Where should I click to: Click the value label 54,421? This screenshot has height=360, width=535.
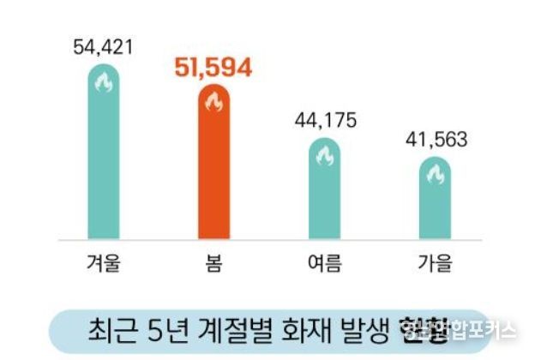pyautogui.click(x=104, y=45)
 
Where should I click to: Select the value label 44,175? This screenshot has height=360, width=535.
pyautogui.click(x=324, y=119)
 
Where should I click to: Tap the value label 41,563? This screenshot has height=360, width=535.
pyautogui.click(x=434, y=139)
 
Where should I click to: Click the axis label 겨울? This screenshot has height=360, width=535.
pyautogui.click(x=104, y=262)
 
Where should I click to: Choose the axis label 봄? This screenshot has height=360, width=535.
pyautogui.click(x=213, y=262)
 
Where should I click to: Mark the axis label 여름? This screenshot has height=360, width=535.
pyautogui.click(x=324, y=262)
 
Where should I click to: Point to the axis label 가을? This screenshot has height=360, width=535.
pyautogui.click(x=434, y=262)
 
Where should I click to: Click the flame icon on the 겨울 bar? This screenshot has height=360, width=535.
pyautogui.click(x=104, y=83)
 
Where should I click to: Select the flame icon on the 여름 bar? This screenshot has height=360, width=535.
pyautogui.click(x=324, y=156)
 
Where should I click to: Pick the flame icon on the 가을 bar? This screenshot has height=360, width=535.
pyautogui.click(x=434, y=175)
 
